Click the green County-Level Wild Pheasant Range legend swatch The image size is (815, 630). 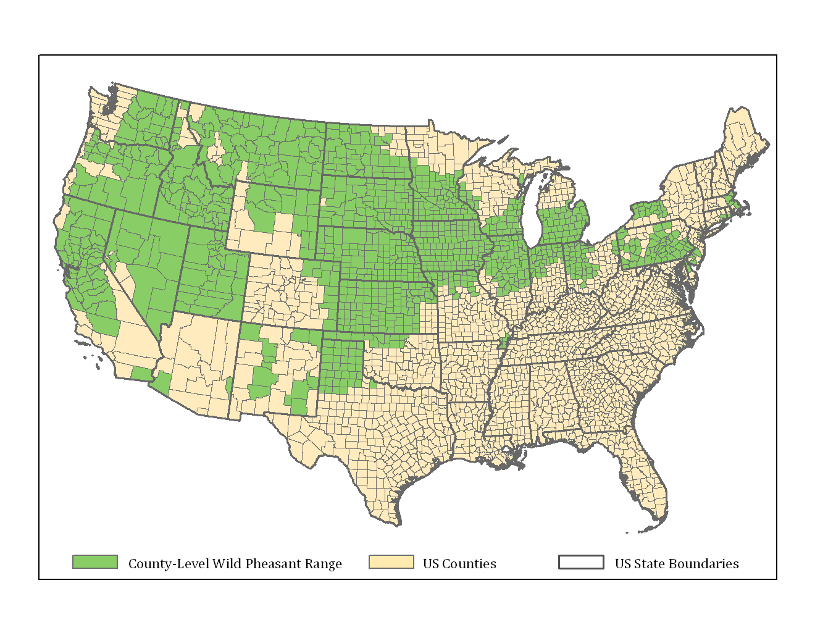coord(95,561)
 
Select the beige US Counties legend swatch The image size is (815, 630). coord(391,561)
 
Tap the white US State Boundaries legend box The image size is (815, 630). coord(581,561)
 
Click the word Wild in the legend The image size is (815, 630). coord(227,564)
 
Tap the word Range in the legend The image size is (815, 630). coord(324,564)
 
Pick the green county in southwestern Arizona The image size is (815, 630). coord(162,382)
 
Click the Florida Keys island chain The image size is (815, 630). coord(645,529)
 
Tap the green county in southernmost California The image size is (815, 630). coord(141,373)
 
